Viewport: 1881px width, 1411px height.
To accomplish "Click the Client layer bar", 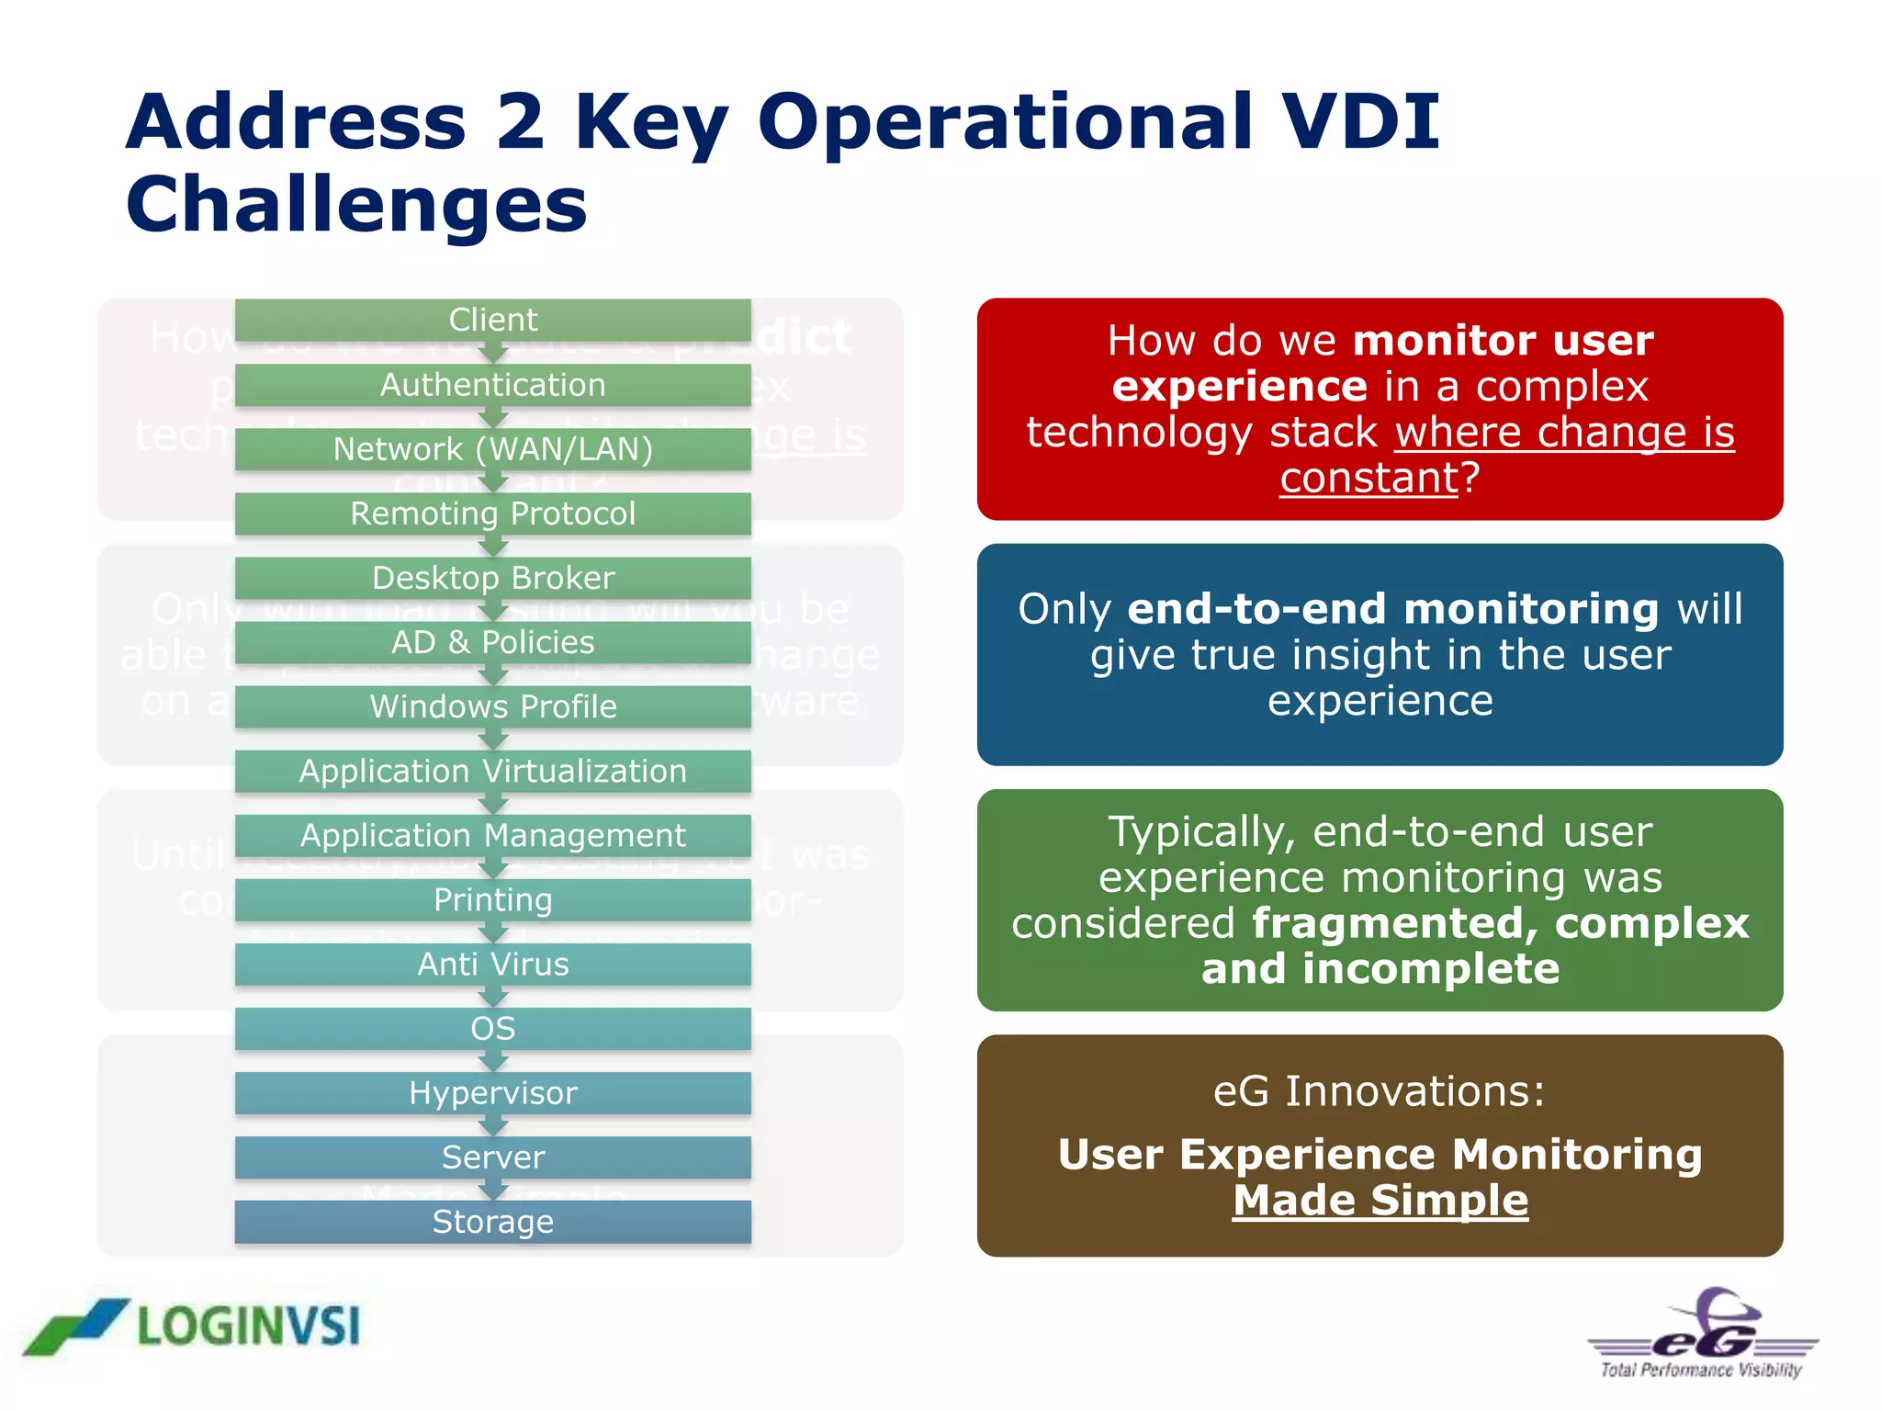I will [493, 320].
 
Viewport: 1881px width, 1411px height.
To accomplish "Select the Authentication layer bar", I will [493, 385].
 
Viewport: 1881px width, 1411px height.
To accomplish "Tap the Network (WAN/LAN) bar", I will [493, 449].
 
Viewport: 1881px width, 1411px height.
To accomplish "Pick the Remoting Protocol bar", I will [493, 514].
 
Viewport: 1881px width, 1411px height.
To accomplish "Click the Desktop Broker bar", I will [493, 578].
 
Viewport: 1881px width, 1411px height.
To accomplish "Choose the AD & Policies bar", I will [493, 642].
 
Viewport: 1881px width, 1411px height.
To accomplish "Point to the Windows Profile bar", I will [493, 706].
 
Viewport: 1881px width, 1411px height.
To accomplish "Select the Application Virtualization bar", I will [493, 771].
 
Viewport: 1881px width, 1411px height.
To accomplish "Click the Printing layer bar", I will [493, 899].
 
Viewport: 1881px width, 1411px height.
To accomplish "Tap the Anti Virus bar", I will [493, 964].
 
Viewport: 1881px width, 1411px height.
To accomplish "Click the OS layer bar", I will [493, 1028].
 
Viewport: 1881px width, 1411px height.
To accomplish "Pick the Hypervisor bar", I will [493, 1092].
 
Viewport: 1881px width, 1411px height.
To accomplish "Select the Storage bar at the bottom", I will [493, 1222].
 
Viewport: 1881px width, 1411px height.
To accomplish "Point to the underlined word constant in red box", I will [1369, 478].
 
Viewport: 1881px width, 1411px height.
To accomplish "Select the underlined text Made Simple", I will [1380, 1200].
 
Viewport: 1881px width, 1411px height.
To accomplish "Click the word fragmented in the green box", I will [1394, 923].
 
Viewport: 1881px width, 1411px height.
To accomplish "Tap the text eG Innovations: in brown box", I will [1380, 1091].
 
